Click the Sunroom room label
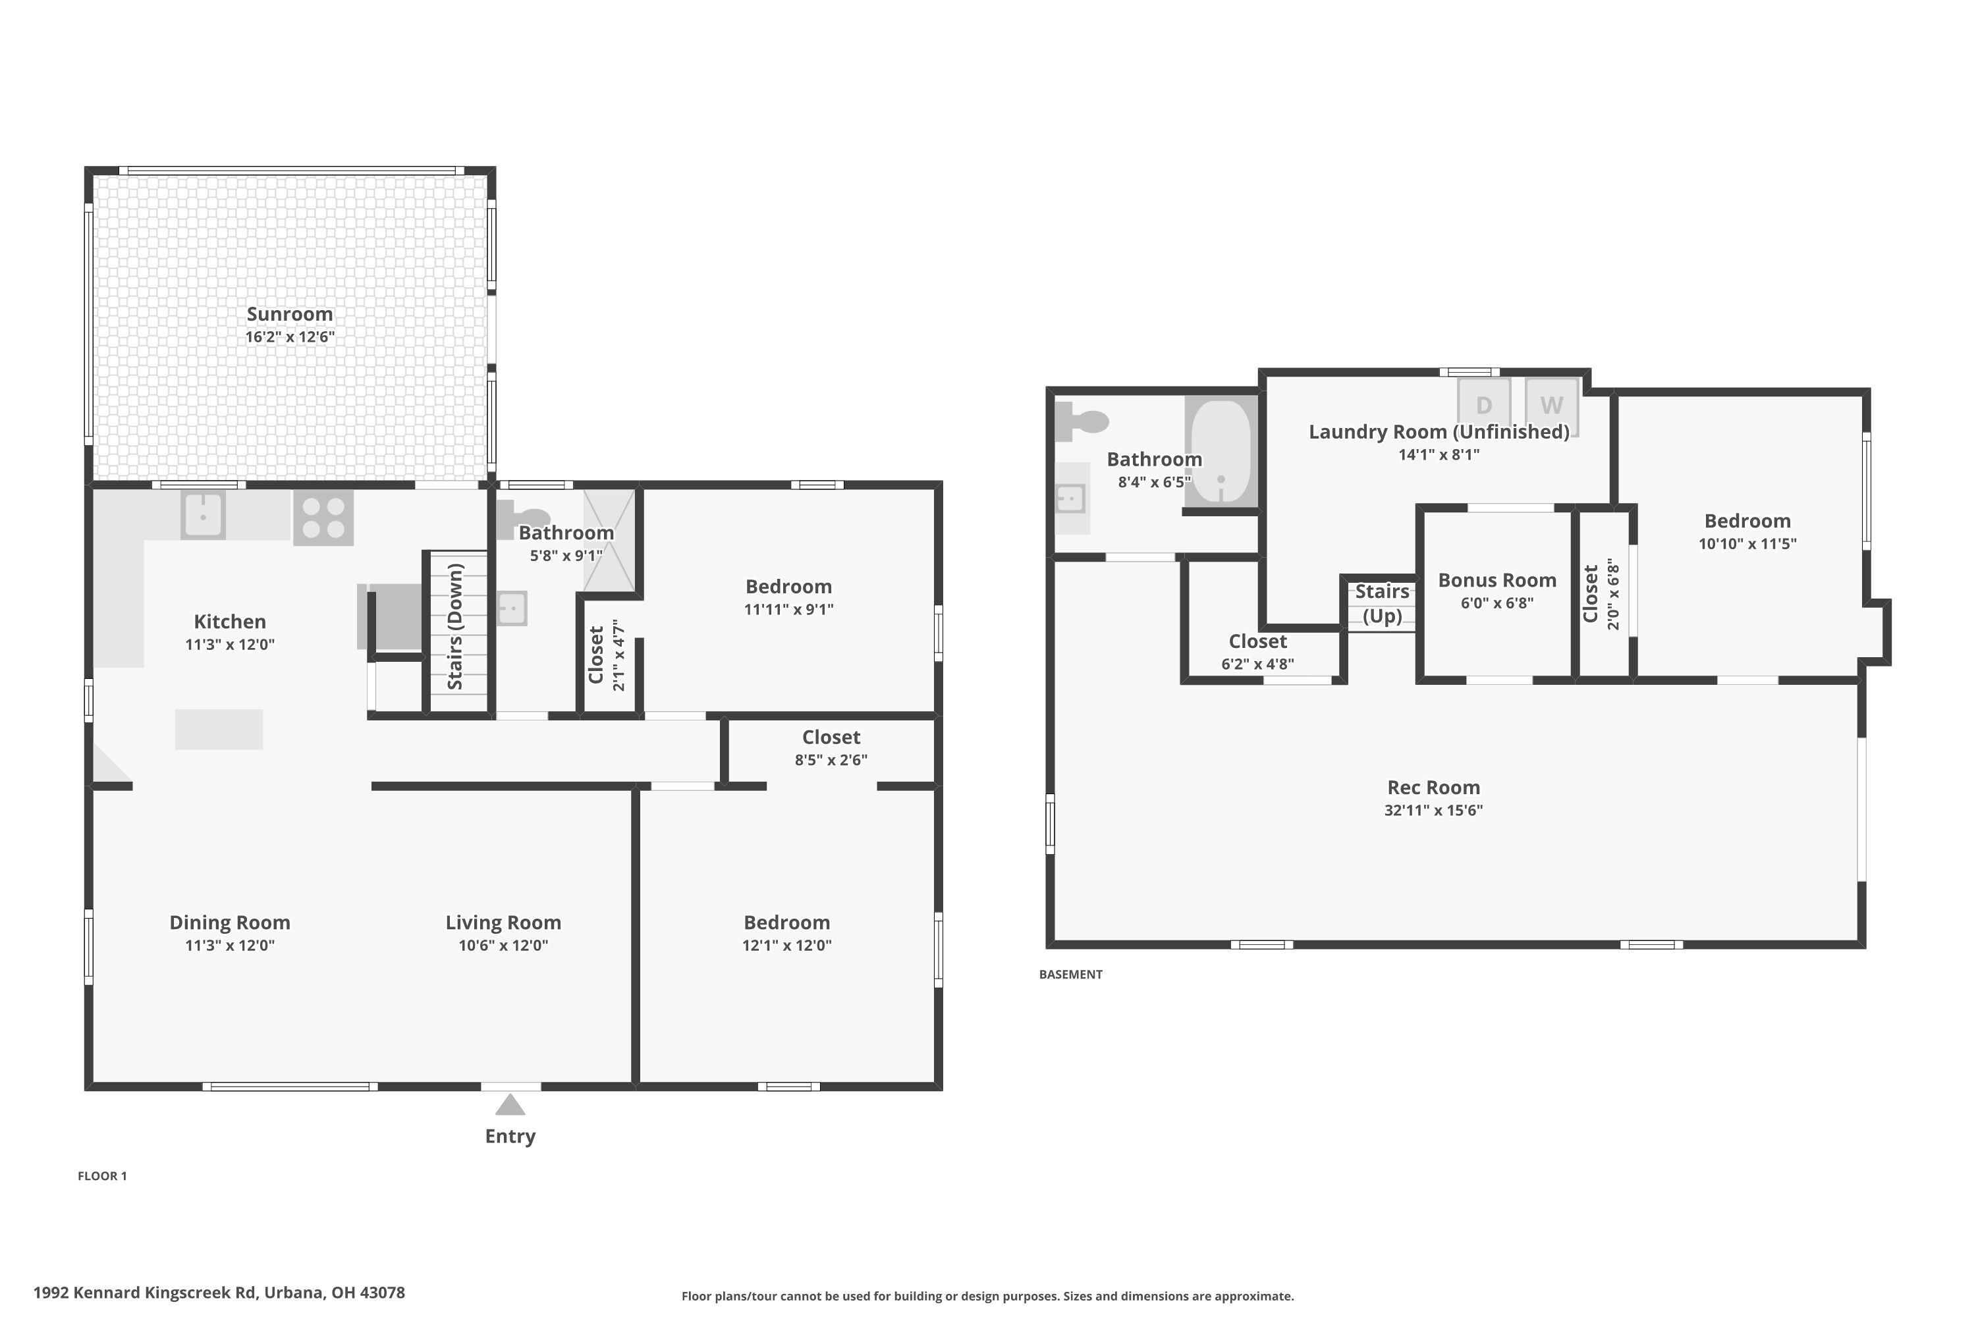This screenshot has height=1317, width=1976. coord(290,314)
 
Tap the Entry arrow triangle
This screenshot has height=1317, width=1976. coord(510,1104)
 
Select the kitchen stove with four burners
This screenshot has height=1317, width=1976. coord(323,518)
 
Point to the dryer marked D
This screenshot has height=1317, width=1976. coord(1484,405)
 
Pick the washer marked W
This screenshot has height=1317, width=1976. coord(1551,405)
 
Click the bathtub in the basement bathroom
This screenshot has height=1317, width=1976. coord(1221,452)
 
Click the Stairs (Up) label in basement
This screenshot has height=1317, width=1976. coord(1382,603)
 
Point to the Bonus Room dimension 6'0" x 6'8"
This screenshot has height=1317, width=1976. coord(1497,603)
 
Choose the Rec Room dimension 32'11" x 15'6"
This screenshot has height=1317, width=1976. coord(1433,811)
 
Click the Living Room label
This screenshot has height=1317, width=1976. coord(503,923)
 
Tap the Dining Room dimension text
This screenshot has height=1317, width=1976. coord(229,945)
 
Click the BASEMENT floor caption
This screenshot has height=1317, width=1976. coord(1070,975)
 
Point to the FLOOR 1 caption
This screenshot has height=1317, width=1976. coord(103,1176)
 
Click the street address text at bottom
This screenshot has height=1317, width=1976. coord(219,1293)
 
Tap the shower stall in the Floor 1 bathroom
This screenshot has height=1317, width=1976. coord(609,541)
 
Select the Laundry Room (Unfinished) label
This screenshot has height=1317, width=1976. coord(1439,432)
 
